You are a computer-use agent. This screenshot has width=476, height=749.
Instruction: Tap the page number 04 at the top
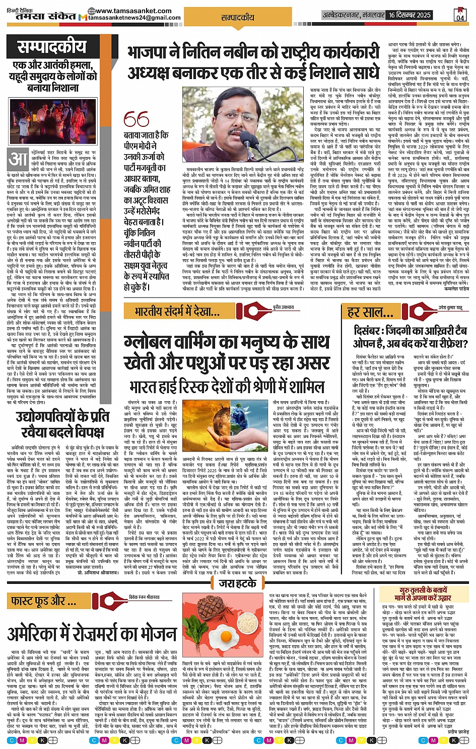(460, 15)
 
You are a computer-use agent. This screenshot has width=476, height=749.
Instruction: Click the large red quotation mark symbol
(136, 119)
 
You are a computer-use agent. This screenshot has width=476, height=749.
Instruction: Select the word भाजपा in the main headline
(151, 52)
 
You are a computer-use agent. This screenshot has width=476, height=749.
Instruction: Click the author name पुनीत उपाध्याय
(284, 307)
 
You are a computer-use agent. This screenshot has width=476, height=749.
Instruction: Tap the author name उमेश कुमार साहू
(449, 307)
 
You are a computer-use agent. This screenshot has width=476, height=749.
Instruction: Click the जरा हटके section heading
(237, 583)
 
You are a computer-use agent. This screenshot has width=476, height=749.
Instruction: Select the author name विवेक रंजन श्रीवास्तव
(144, 597)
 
